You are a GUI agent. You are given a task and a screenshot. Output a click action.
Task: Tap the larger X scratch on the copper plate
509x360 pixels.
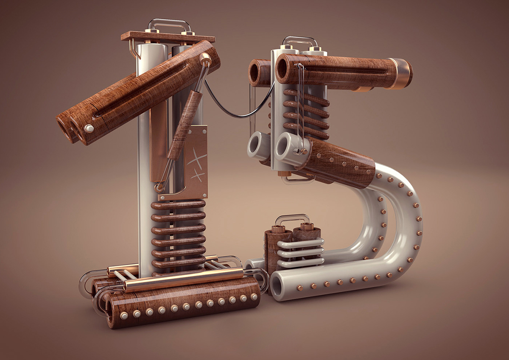197,158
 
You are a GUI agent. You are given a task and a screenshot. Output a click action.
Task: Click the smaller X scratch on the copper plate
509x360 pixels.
198,176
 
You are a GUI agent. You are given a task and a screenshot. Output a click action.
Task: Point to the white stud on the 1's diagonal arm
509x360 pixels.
89,129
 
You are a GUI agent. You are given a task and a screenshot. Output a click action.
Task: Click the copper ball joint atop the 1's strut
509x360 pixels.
205,58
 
